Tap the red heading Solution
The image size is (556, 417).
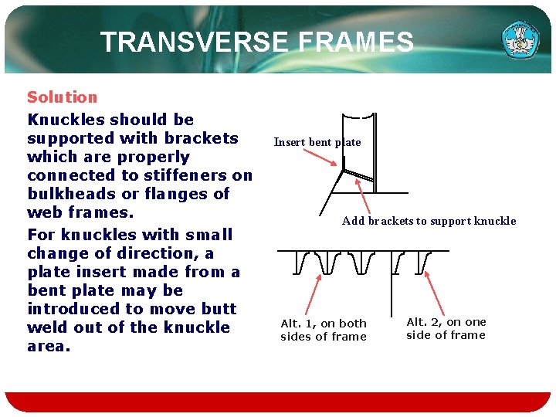(63, 97)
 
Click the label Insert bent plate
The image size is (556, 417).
(317, 142)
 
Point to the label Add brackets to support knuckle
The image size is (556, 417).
(429, 221)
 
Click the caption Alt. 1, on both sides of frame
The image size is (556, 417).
(324, 330)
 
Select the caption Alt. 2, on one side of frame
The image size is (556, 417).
(446, 328)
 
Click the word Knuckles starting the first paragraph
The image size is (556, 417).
(66, 120)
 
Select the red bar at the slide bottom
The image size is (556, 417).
(278, 402)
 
